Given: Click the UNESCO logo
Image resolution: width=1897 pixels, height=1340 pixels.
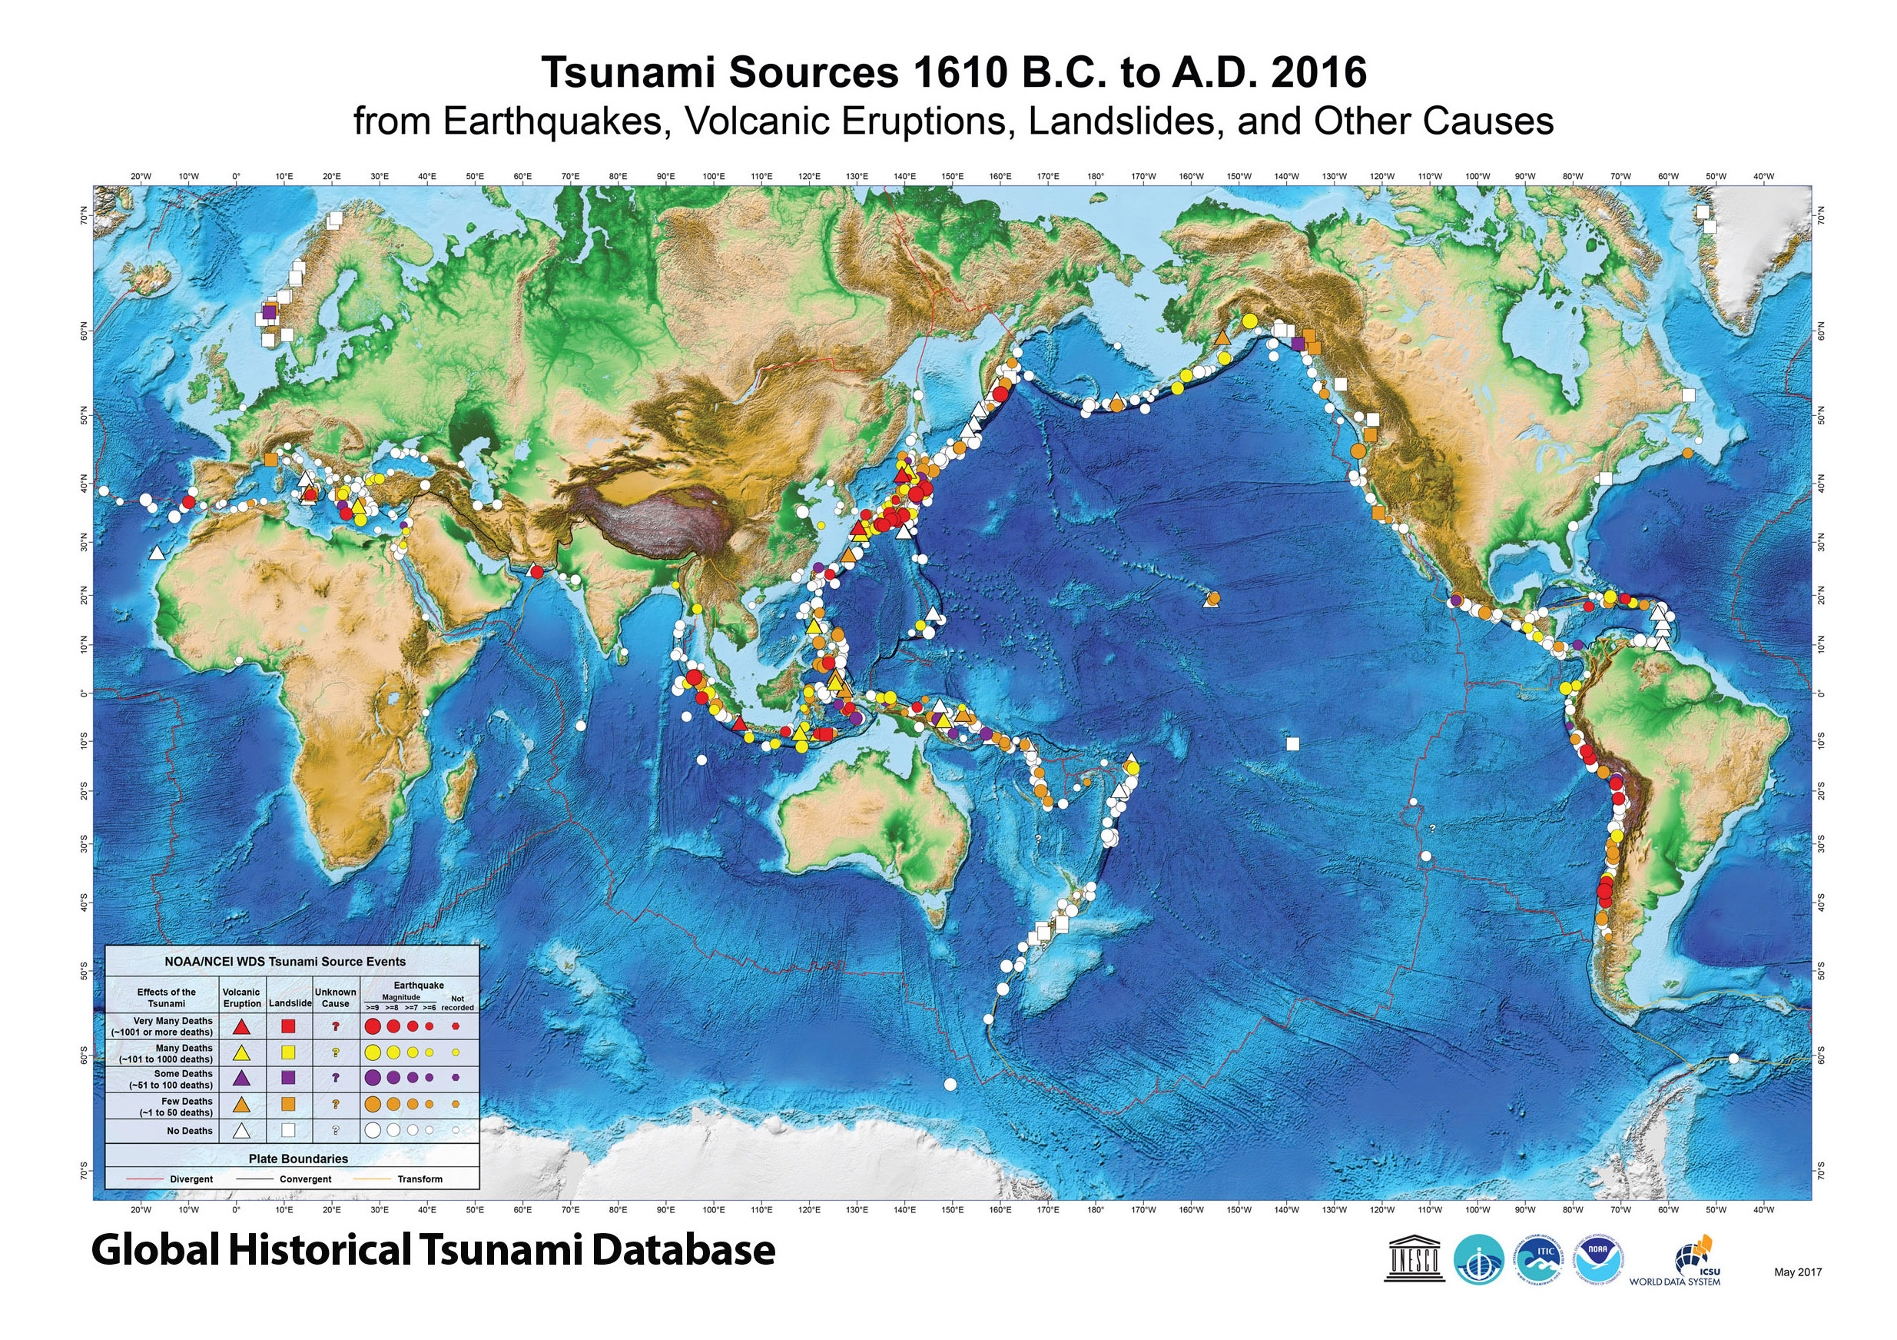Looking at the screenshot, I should (x=1414, y=1259).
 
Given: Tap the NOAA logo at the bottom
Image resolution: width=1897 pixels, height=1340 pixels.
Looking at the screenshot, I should (x=1598, y=1259).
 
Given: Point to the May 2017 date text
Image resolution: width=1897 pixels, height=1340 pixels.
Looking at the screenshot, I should (x=1797, y=1272).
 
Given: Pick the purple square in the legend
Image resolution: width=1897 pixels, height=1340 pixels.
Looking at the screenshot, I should (x=288, y=1078).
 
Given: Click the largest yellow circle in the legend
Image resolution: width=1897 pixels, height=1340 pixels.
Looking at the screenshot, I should (x=373, y=1052).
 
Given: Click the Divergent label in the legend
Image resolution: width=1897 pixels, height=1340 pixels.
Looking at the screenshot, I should (x=191, y=1179).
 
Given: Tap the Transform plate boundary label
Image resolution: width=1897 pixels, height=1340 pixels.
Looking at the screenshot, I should (x=420, y=1179).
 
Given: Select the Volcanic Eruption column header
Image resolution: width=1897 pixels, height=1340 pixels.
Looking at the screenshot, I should (x=241, y=998).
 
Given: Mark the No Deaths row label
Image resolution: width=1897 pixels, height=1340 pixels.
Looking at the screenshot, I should (x=189, y=1131).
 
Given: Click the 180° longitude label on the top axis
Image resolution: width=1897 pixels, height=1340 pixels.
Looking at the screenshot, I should (x=1096, y=176).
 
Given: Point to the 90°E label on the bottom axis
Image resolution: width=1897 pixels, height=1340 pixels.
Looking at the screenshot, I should (x=666, y=1210).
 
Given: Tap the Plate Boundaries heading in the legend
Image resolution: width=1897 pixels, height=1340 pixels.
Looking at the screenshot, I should (x=298, y=1159).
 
